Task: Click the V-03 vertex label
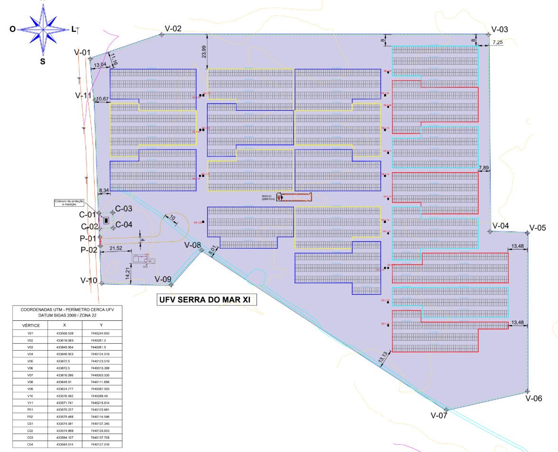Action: point(500,29)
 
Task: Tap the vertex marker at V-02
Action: point(162,34)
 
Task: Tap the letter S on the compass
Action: point(42,61)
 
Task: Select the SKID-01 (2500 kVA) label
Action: point(268,198)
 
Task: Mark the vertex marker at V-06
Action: point(527,391)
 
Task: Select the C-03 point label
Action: point(123,209)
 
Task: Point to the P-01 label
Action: point(88,238)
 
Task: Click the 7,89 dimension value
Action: point(484,168)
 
